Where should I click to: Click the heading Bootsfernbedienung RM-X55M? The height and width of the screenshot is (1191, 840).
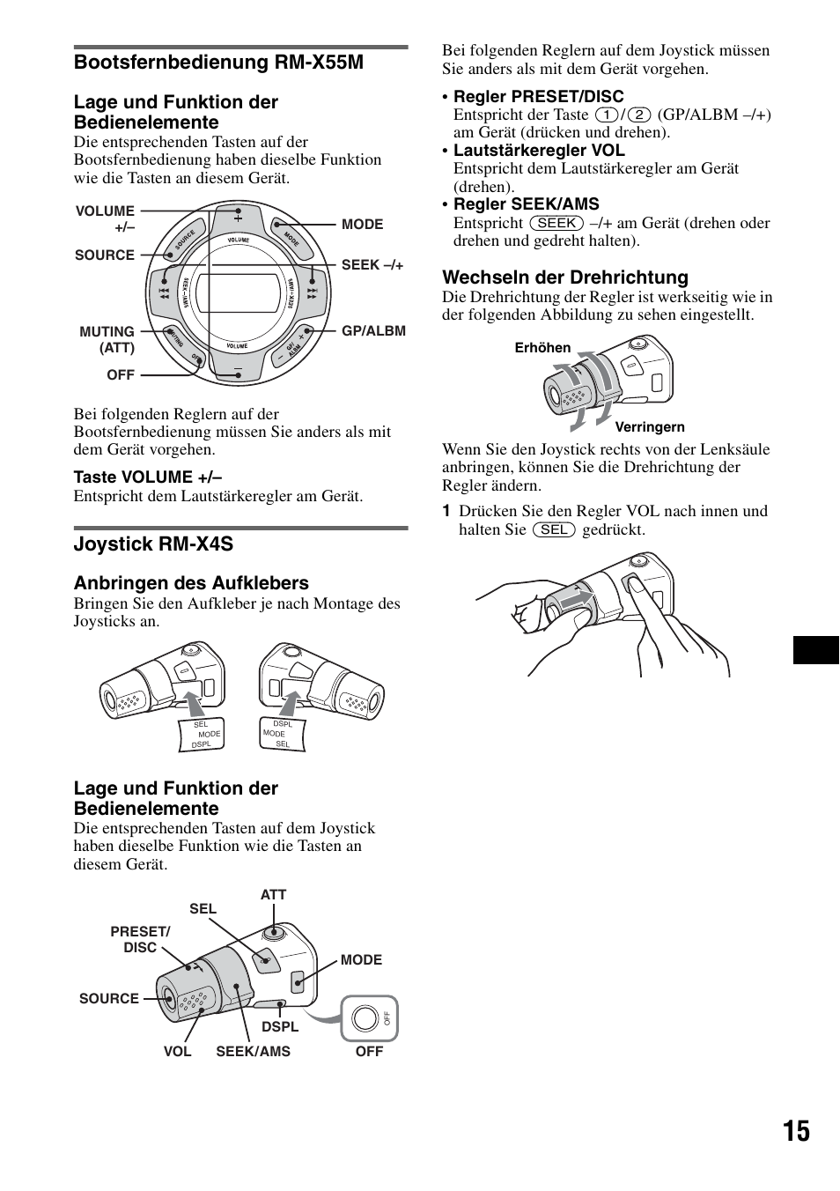[x=218, y=63]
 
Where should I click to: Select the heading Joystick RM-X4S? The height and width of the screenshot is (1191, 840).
[x=153, y=544]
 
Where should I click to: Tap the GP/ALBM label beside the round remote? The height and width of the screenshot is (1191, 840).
[x=373, y=331]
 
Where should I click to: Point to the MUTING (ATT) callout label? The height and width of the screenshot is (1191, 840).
[x=107, y=339]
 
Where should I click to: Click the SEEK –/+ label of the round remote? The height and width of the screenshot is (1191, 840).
[x=372, y=264]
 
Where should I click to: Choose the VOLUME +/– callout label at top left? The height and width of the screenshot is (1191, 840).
[x=106, y=218]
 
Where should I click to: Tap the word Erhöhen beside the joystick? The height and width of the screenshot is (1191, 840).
[x=542, y=348]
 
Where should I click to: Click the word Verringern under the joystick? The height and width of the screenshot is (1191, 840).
[x=650, y=427]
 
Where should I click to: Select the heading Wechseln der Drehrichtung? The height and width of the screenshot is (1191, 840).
[x=565, y=277]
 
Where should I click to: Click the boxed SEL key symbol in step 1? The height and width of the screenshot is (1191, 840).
[x=554, y=529]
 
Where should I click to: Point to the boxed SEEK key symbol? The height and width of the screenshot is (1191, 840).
[x=556, y=223]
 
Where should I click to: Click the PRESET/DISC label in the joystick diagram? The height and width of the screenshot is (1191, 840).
[x=140, y=939]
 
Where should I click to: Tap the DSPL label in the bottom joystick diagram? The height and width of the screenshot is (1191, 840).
[x=280, y=1026]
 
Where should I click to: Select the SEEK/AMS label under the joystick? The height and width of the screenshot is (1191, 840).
[x=253, y=1051]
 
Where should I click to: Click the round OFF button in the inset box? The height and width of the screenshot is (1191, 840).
[x=364, y=1018]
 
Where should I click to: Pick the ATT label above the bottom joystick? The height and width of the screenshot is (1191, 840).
[x=273, y=894]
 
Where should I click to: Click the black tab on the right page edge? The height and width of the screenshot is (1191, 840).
[x=816, y=650]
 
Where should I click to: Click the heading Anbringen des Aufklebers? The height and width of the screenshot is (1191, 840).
[x=191, y=583]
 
